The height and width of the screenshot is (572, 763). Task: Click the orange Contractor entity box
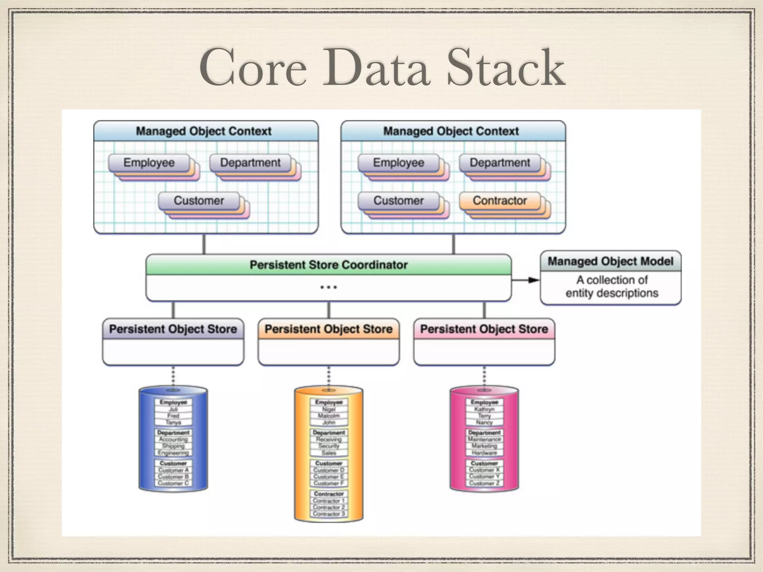click(500, 201)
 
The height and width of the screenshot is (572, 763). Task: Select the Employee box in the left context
click(149, 163)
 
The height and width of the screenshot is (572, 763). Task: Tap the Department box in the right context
click(500, 163)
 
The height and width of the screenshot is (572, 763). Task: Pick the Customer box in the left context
click(199, 201)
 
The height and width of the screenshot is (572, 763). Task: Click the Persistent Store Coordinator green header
click(328, 265)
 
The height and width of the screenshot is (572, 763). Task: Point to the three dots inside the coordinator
click(328, 287)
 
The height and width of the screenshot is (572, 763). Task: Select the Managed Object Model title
click(610, 261)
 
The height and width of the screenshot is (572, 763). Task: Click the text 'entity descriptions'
click(612, 293)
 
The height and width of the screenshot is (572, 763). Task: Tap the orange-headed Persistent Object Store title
click(328, 329)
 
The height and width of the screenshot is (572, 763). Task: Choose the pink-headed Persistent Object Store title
click(484, 329)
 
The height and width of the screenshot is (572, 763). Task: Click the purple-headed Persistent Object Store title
click(173, 329)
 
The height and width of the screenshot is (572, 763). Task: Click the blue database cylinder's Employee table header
click(173, 402)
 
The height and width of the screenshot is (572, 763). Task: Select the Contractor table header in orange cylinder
click(329, 494)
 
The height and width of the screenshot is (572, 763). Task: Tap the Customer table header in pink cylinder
click(484, 463)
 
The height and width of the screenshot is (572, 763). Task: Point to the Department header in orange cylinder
click(329, 433)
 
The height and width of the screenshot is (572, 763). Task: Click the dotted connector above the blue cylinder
click(173, 376)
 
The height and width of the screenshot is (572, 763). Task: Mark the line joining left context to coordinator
click(204, 244)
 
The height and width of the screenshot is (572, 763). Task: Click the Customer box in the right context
click(398, 201)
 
